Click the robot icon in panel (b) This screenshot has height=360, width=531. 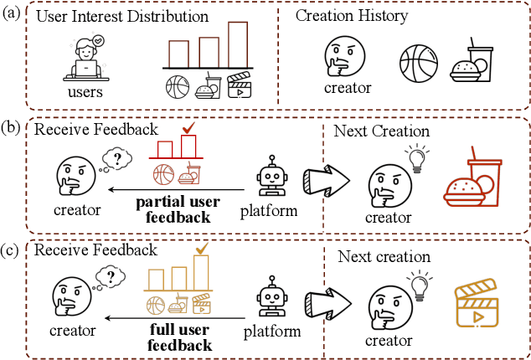[274, 176]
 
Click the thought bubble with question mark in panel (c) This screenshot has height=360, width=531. [111, 277]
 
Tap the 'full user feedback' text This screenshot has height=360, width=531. [178, 337]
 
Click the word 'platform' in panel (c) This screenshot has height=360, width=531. [273, 333]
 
